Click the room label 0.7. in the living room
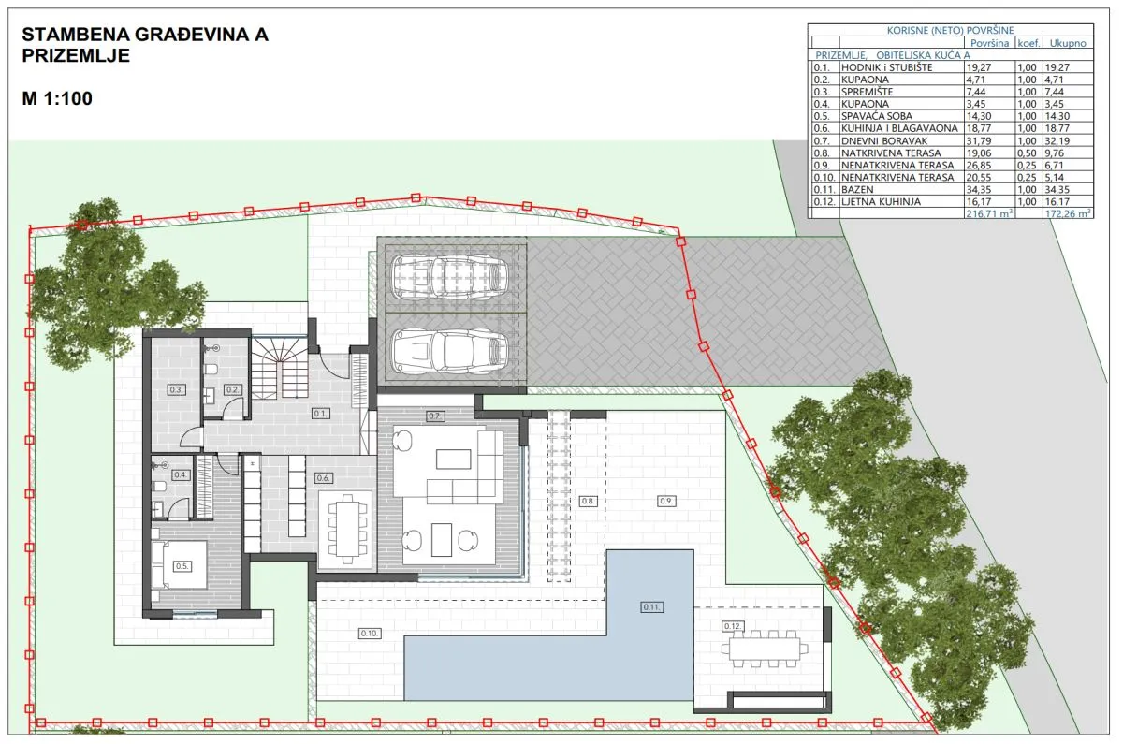(434, 416)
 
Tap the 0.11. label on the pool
(651, 607)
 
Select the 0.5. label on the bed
(182, 566)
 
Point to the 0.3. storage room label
(176, 389)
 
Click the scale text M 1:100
(57, 98)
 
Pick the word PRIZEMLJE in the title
(76, 55)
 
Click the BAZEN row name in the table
(857, 189)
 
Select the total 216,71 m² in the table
(988, 213)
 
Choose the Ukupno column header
(1068, 43)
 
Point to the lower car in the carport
(450, 350)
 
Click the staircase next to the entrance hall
(279, 368)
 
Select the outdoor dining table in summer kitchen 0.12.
(765, 649)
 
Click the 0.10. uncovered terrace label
(370, 634)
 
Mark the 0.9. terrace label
(665, 501)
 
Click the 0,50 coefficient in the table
(1027, 153)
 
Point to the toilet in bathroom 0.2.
(211, 370)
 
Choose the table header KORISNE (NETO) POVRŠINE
(950, 30)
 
